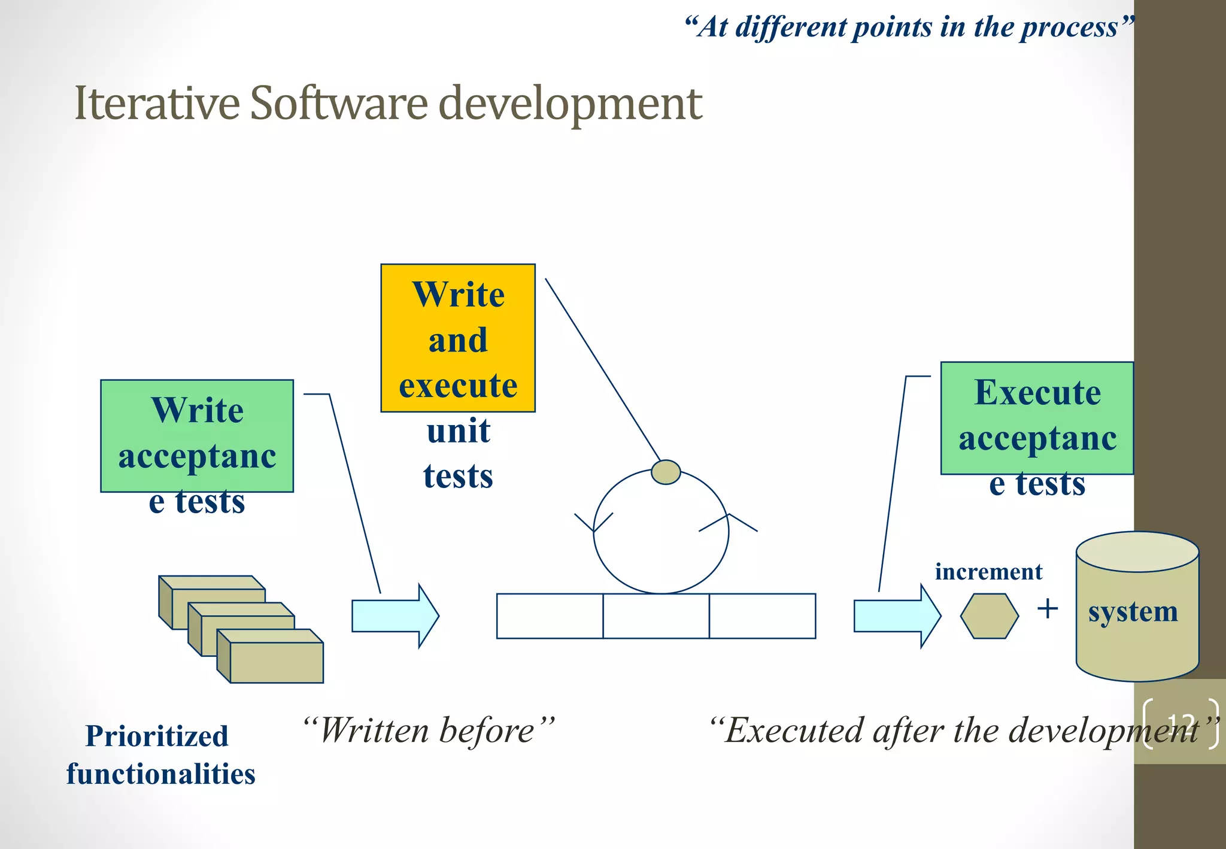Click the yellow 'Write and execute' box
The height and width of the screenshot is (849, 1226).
pyautogui.click(x=458, y=338)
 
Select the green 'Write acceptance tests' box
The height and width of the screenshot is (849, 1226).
pyautogui.click(x=197, y=435)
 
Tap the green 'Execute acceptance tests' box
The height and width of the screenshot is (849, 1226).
pyautogui.click(x=1037, y=418)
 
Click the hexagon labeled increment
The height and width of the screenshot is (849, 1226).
pyautogui.click(x=989, y=615)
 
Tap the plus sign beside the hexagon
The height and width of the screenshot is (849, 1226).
pyautogui.click(x=1048, y=609)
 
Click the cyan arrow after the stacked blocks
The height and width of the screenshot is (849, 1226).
pyautogui.click(x=395, y=615)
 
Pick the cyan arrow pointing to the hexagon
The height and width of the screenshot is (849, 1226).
pyautogui.click(x=897, y=615)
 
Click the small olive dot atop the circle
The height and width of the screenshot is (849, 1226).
pyautogui.click(x=665, y=472)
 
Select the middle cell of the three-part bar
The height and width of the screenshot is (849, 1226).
pyautogui.click(x=656, y=616)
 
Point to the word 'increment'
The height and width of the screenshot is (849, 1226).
pyautogui.click(x=988, y=572)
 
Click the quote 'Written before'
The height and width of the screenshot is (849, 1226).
pyautogui.click(x=428, y=730)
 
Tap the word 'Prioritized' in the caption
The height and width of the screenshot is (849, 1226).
pyautogui.click(x=157, y=736)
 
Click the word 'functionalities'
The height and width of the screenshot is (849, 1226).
pyautogui.click(x=161, y=774)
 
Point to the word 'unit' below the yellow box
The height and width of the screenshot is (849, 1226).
pyautogui.click(x=459, y=431)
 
